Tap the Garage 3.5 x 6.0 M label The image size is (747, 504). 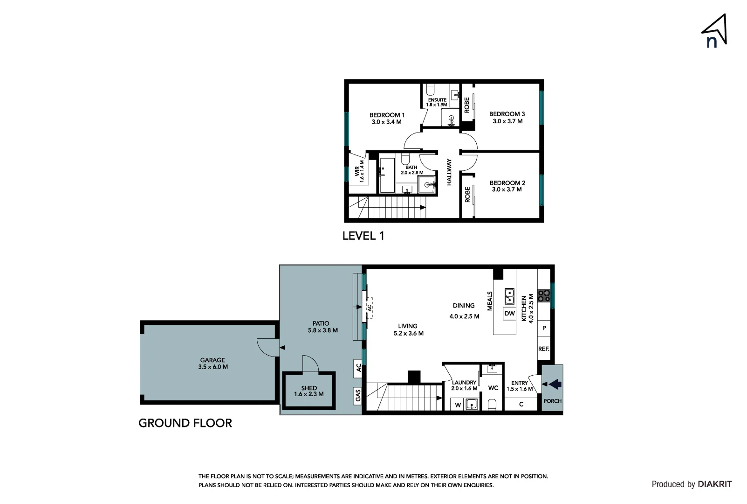coord(212,364)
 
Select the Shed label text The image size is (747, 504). coord(308,388)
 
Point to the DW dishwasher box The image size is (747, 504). coord(509,314)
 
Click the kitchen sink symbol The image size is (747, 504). coord(509,296)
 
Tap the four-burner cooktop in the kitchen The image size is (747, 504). coord(544,295)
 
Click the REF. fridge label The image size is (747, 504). coord(543,349)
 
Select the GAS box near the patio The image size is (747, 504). coord(358,396)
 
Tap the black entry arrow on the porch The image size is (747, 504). coord(555,384)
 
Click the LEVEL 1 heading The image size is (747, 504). coord(363,236)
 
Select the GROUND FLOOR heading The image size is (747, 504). coord(185,423)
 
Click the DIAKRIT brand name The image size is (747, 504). coord(714,484)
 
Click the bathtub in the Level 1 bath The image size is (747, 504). coord(387,175)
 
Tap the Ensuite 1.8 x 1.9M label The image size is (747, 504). coord(437,102)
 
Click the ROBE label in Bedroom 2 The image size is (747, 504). coord(467,195)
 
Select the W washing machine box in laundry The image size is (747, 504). coord(458,405)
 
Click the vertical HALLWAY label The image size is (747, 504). coord(449,172)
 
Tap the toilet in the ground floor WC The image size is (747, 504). coord(492,404)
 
